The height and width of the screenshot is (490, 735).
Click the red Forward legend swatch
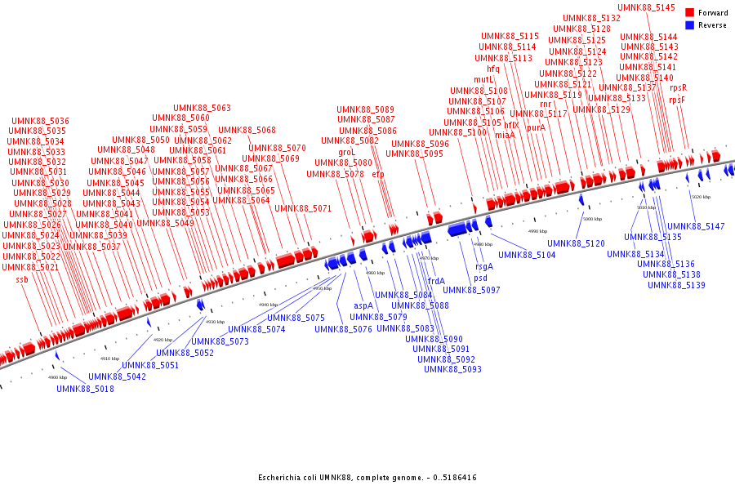[x=690, y=13]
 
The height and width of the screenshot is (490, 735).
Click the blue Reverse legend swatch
[x=690, y=25]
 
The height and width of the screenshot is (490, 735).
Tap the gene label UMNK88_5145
[x=646, y=7]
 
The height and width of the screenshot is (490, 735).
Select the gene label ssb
[x=22, y=280]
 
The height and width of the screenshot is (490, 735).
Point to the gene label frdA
[x=436, y=281]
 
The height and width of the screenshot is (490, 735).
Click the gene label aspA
[x=363, y=305]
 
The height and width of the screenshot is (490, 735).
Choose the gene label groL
[x=347, y=152]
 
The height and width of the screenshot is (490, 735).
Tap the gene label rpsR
[x=678, y=87]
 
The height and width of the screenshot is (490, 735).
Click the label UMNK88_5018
[x=85, y=389]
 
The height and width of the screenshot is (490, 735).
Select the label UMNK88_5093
[x=452, y=369]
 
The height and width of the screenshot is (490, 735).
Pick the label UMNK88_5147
[x=696, y=226]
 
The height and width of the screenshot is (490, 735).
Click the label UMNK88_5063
[x=202, y=108]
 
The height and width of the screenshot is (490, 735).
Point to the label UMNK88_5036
[x=40, y=121]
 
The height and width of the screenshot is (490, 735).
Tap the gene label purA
[x=536, y=127]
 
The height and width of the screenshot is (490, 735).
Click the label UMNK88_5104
[x=527, y=255]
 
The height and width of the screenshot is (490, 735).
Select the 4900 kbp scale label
[x=57, y=377]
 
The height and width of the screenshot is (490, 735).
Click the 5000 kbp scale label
[x=592, y=219]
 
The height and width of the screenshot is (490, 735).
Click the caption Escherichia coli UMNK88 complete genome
[x=367, y=478]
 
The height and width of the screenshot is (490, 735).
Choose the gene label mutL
[x=484, y=80]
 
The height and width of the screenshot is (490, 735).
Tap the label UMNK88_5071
[x=303, y=208]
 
